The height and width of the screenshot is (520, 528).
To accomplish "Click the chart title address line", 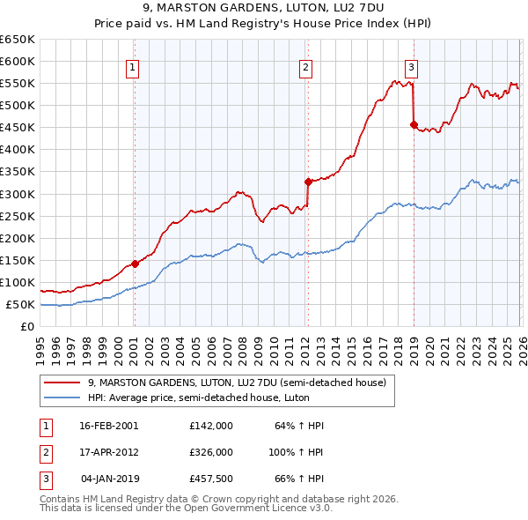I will point(263,10).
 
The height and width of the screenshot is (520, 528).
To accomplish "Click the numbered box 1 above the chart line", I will point(132,67).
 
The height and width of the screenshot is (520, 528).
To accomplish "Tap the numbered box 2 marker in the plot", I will point(305,67).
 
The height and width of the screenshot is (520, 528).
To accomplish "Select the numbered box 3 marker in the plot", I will point(412,67).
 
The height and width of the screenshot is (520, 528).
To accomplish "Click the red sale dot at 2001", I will point(135,264).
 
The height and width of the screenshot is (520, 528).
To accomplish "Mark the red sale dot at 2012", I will point(308,182).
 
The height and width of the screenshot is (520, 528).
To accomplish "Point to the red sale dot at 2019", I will point(413,124).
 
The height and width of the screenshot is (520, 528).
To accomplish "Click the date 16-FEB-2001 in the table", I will point(108,426).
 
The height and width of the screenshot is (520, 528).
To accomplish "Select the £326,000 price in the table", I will point(210,451).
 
